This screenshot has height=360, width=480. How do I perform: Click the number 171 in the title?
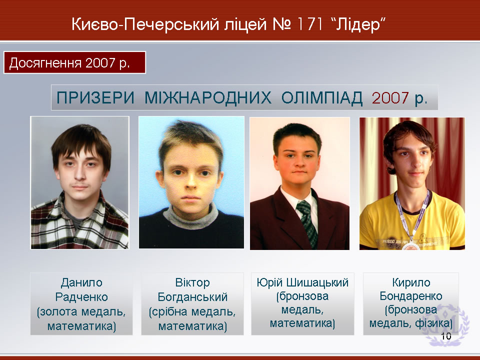[x=309, y=24]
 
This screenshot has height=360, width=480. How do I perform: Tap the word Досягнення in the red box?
[x=45, y=63]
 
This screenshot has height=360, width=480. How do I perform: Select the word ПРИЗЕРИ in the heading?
[x=95, y=98]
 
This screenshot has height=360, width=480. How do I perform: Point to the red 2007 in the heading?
[x=390, y=98]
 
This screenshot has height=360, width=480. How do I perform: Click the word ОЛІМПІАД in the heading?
[x=321, y=98]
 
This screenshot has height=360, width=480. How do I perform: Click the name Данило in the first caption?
[x=81, y=282]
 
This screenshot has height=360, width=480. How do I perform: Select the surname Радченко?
[x=81, y=297]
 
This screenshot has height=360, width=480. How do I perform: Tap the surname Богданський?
[x=192, y=297]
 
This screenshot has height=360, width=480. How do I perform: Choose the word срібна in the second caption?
[x=169, y=311]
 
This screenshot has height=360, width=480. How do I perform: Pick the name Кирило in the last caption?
[x=411, y=282]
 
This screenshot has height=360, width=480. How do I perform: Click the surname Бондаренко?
[x=411, y=296]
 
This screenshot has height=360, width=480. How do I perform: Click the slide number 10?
[x=446, y=336]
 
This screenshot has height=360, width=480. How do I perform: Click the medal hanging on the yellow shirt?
[x=410, y=246]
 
